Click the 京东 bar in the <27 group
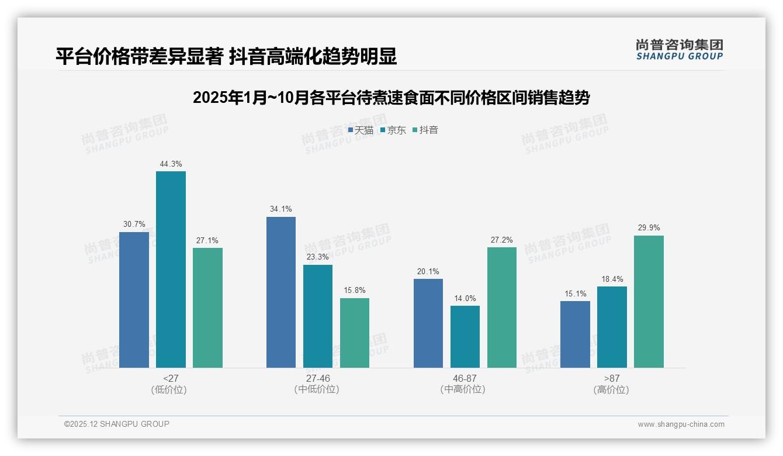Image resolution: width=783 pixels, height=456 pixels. coord(171,270)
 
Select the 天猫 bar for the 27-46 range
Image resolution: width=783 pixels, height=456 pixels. coord(281,292)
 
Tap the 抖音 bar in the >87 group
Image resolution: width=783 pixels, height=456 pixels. coord(649,302)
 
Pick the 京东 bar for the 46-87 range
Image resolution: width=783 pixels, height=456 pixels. coord(465,337)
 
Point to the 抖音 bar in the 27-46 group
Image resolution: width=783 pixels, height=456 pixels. coord(355,333)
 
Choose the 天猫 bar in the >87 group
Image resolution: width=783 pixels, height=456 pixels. coord(575,334)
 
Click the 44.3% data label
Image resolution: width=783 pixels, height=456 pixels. coord(171,164)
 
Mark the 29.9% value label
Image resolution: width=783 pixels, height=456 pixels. coord(649,228)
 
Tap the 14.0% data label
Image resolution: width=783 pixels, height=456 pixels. coord(465,298)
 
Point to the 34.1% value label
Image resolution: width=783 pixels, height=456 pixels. coord(281,209)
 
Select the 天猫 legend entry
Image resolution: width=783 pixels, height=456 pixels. coord(361,130)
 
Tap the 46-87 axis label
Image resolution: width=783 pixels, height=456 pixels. coord(465,378)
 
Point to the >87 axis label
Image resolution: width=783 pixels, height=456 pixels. coord(612,378)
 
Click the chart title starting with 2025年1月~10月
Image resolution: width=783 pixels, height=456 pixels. coord(391,98)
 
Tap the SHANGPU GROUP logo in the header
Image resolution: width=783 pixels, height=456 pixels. coord(679,50)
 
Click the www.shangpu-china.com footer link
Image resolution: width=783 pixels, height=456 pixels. coord(681,424)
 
